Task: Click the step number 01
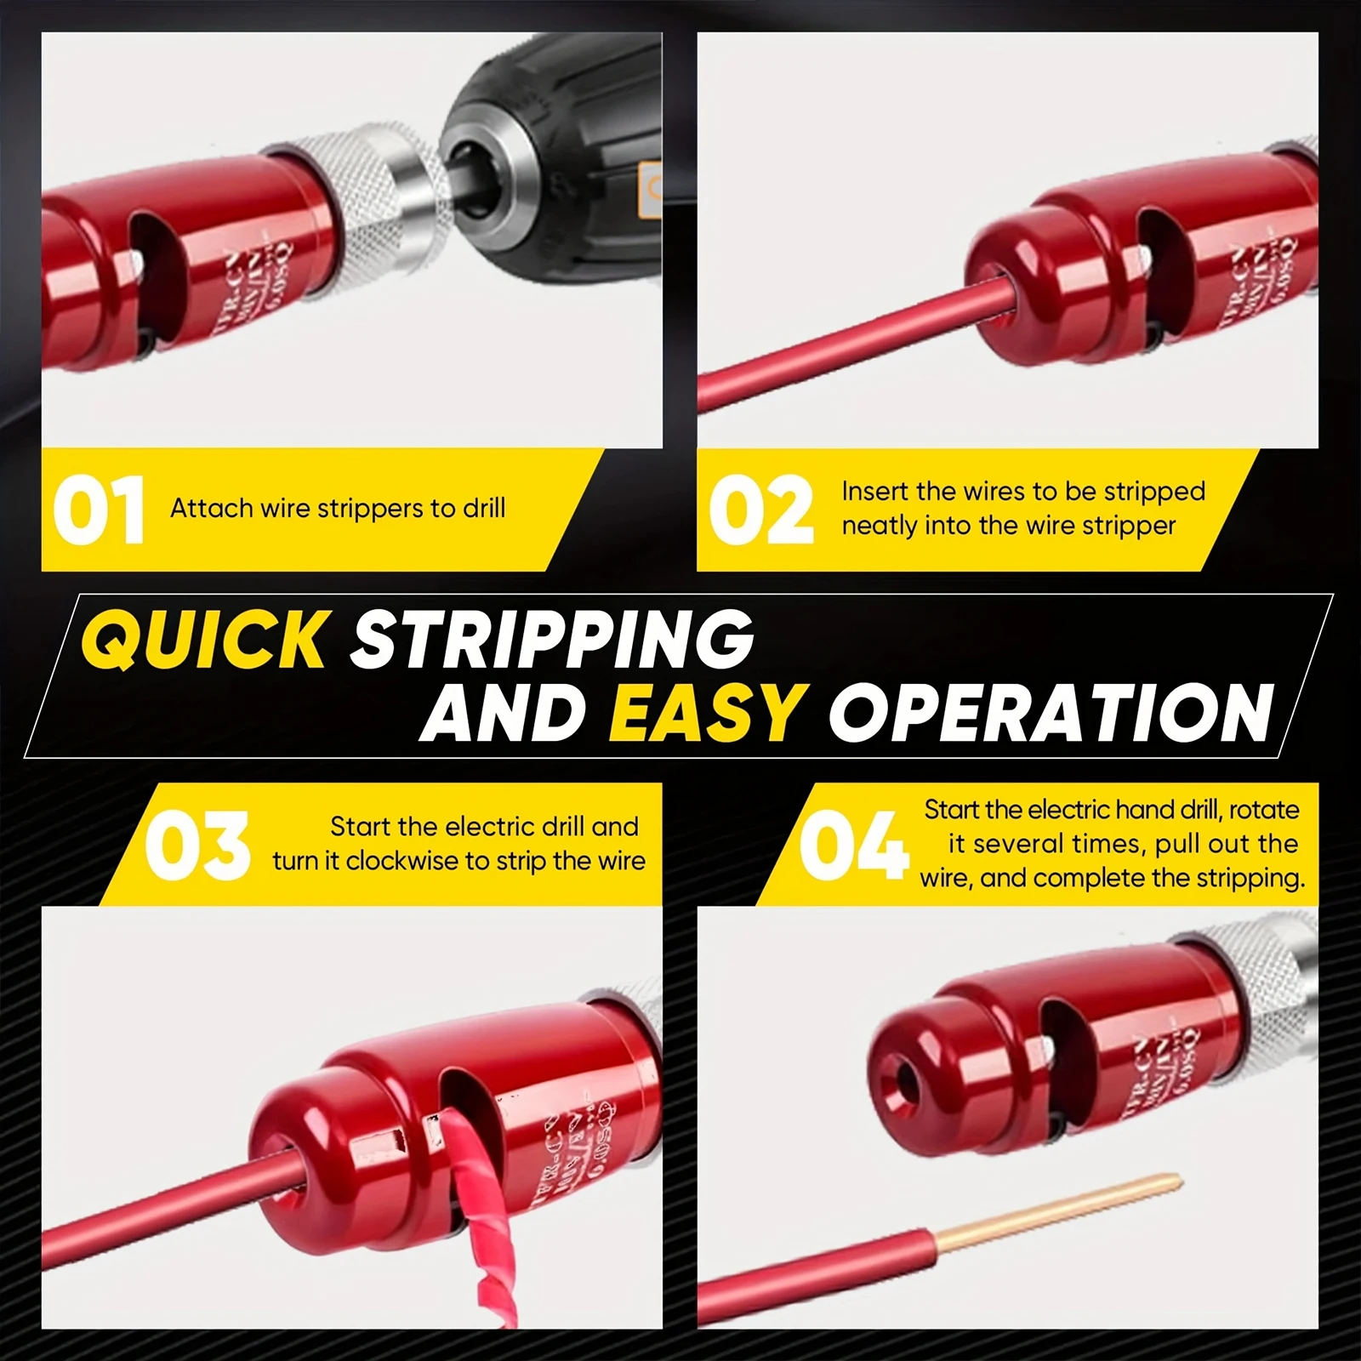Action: coord(98,510)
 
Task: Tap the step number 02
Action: coord(760,510)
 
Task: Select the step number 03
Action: coord(196,845)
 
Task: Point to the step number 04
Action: coord(853,845)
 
